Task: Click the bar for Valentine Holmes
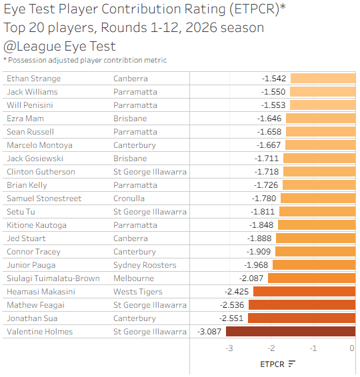click(x=291, y=331)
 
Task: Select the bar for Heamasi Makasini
click(x=304, y=291)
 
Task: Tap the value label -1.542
click(x=274, y=79)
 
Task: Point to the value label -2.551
click(x=231, y=318)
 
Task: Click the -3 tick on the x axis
click(x=229, y=348)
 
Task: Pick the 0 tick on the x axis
click(x=352, y=348)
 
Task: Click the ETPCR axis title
click(x=273, y=364)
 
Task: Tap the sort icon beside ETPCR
click(x=291, y=364)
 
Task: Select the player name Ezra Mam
click(x=25, y=119)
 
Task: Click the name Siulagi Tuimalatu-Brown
click(x=53, y=278)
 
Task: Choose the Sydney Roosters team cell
click(x=145, y=265)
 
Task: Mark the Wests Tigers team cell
click(x=138, y=292)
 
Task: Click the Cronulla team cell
click(x=129, y=198)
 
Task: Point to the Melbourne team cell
click(x=133, y=278)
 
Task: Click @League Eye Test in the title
click(x=60, y=46)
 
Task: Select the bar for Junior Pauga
click(x=314, y=264)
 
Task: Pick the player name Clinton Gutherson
click(x=41, y=172)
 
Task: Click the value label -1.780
click(x=264, y=198)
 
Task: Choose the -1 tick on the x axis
click(x=313, y=348)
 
